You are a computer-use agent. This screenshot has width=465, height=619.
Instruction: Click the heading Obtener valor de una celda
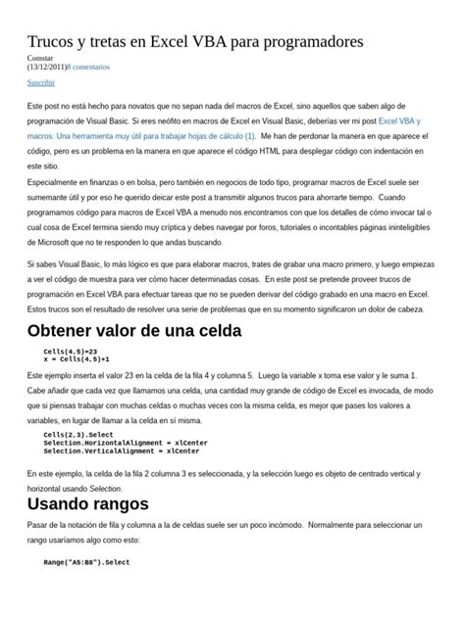coord(133,331)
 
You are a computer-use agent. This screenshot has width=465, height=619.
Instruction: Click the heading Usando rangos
coord(87,504)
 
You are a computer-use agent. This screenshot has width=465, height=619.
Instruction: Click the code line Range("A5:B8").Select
coord(86,563)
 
